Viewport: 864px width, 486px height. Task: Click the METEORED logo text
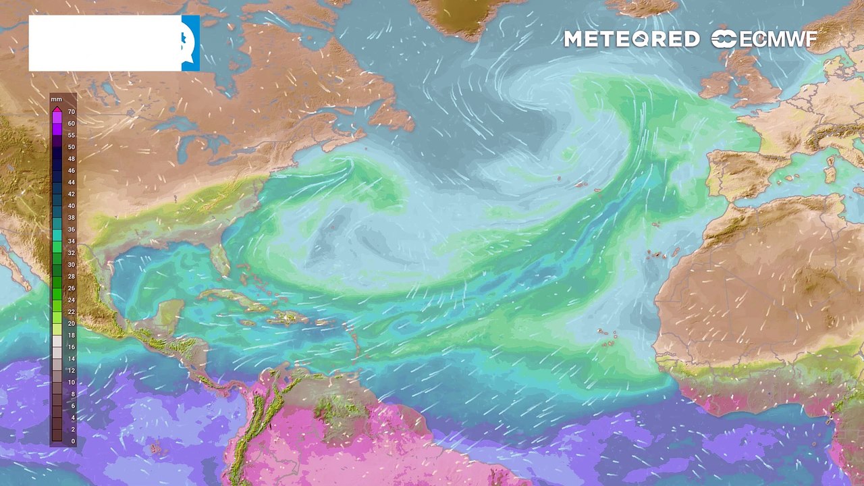[631, 39]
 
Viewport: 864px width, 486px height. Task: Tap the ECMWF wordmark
[778, 39]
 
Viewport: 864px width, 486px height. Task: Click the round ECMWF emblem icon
[724, 39]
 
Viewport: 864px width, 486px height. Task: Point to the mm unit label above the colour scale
[56, 99]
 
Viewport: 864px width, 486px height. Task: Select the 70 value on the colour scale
[71, 112]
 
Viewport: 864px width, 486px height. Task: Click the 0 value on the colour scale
[73, 441]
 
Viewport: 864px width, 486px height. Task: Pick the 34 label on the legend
[71, 241]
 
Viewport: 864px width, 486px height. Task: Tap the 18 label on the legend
[71, 335]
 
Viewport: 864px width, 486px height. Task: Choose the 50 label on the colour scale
[71, 147]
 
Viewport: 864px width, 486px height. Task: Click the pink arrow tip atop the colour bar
[57, 109]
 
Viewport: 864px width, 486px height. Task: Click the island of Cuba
[233, 298]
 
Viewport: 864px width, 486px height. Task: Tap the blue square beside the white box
[190, 43]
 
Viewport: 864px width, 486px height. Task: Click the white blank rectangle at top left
[105, 43]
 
